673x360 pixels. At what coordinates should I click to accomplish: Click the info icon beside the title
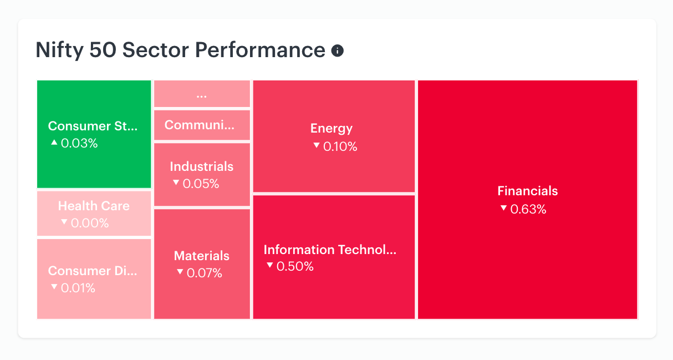(338, 50)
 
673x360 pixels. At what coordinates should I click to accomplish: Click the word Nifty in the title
(59, 50)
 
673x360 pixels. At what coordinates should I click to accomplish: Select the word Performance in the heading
(260, 49)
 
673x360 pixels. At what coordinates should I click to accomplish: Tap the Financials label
(528, 191)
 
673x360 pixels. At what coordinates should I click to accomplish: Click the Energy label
(332, 129)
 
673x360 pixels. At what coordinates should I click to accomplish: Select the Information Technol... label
(330, 250)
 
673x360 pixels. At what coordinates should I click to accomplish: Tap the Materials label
(202, 256)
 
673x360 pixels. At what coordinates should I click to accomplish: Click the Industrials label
(202, 166)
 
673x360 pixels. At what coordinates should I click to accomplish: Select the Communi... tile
(202, 125)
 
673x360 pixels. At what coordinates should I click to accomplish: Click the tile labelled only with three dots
(202, 94)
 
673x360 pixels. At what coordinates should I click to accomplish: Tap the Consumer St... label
(93, 126)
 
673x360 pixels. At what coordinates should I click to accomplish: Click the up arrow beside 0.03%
(54, 143)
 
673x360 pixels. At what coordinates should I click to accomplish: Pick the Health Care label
(94, 206)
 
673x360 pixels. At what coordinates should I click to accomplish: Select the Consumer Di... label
(93, 271)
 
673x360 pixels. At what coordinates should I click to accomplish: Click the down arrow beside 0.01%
(54, 287)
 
